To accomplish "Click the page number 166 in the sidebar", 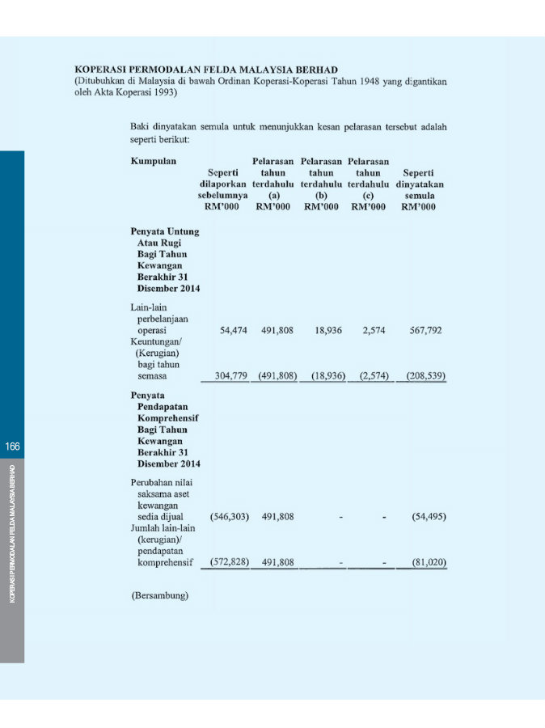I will pyautogui.click(x=12, y=446).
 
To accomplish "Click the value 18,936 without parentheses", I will pyautogui.click(x=322, y=331).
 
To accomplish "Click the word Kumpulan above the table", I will pyautogui.click(x=154, y=162).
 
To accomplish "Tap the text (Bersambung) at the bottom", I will pyautogui.click(x=159, y=596).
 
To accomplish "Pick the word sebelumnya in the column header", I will pyautogui.click(x=223, y=196).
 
